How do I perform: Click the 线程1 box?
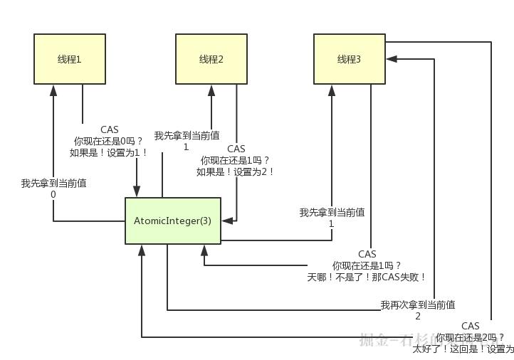tap(70, 59)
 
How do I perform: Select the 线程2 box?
tap(211, 59)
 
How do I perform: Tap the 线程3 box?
tap(350, 59)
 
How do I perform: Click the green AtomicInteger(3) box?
tap(173, 221)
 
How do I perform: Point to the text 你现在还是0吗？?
tap(110, 141)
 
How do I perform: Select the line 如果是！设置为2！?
tap(236, 171)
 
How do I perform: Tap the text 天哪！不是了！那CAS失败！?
tap(367, 277)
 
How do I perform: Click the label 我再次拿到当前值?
tap(418, 305)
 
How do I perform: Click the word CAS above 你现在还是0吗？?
tap(110, 129)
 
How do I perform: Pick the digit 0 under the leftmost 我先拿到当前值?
tap(53, 194)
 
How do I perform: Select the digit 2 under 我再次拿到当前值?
tap(418, 316)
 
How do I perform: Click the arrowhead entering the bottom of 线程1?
tap(53, 90)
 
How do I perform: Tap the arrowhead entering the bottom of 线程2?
tap(211, 90)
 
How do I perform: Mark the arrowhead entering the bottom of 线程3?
tap(331, 90)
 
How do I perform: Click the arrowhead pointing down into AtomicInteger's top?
tap(137, 191)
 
